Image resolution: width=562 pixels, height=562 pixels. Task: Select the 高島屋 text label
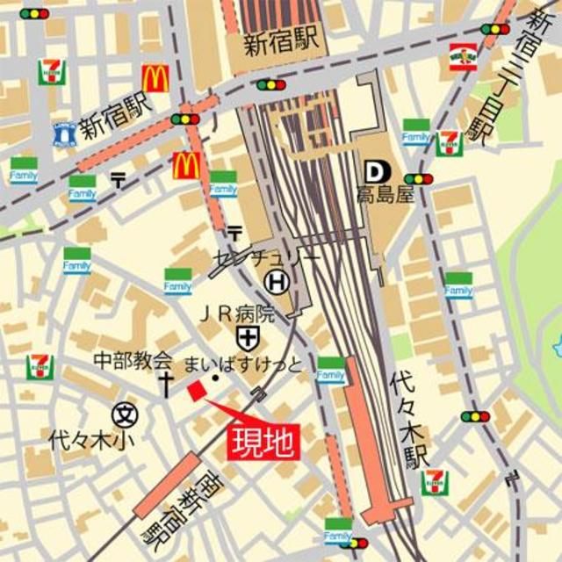coord(385,195)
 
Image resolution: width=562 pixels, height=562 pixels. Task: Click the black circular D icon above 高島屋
coord(372,171)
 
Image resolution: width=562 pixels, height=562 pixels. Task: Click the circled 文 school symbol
coord(126,412)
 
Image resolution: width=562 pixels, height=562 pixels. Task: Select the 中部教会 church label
coord(133,359)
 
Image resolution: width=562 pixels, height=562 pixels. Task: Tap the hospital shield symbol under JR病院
coord(247,335)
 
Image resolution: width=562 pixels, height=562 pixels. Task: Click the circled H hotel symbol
coord(275,281)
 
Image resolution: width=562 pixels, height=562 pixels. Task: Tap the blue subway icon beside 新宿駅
coord(63,133)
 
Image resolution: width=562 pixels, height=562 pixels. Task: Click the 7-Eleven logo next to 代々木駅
coord(435,482)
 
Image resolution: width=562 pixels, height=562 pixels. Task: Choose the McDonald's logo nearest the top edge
coord(155,79)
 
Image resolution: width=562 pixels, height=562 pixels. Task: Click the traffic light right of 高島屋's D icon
coord(419,179)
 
